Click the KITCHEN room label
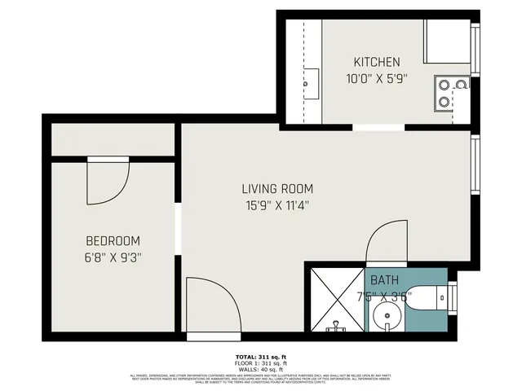(x=376, y=62)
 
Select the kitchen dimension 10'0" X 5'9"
(x=376, y=79)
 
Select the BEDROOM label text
(x=113, y=241)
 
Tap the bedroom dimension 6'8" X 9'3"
(x=113, y=257)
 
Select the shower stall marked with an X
(x=334, y=299)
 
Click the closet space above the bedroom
(x=113, y=139)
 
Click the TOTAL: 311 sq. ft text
(x=260, y=358)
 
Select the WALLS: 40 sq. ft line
(x=260, y=369)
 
